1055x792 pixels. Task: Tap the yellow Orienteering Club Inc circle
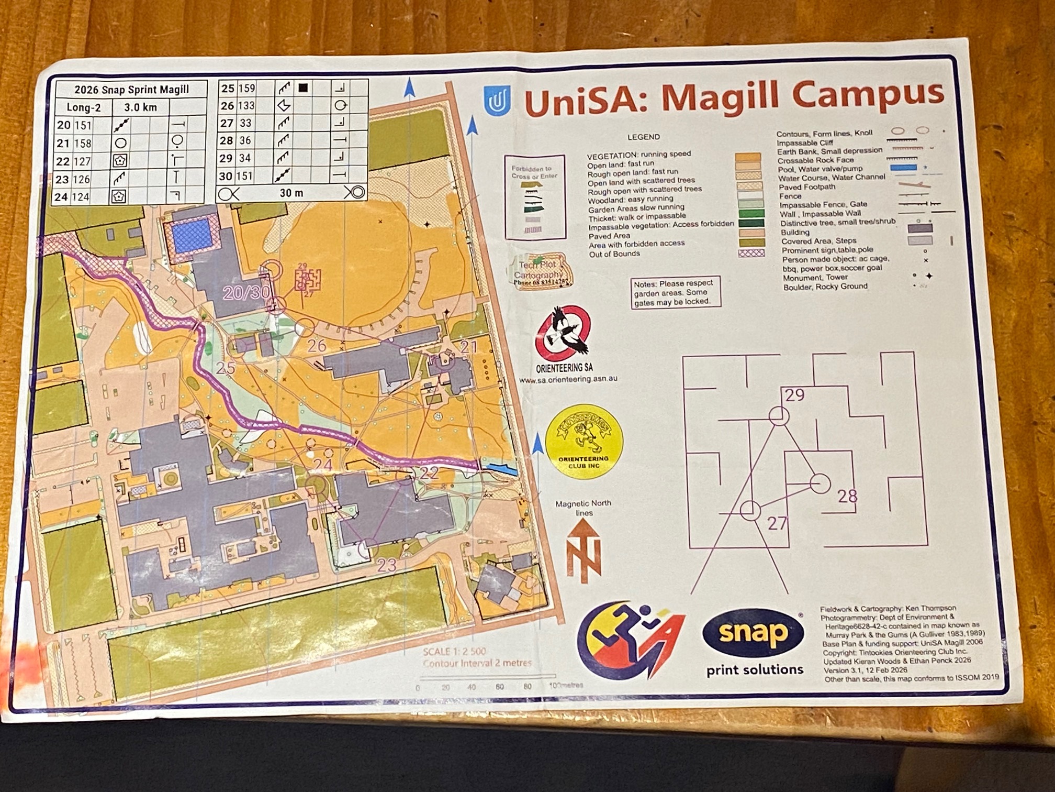583,442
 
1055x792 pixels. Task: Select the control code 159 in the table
246,88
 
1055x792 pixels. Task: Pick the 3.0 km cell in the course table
140,107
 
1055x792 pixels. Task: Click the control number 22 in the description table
63,161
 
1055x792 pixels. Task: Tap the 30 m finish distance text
291,193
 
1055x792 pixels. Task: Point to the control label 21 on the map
468,346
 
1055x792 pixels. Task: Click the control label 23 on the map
387,565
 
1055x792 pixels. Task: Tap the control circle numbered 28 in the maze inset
820,483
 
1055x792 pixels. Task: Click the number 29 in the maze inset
794,395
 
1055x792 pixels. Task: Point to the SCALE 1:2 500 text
454,652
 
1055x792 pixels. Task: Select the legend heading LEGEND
643,137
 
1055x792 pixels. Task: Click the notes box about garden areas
675,292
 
